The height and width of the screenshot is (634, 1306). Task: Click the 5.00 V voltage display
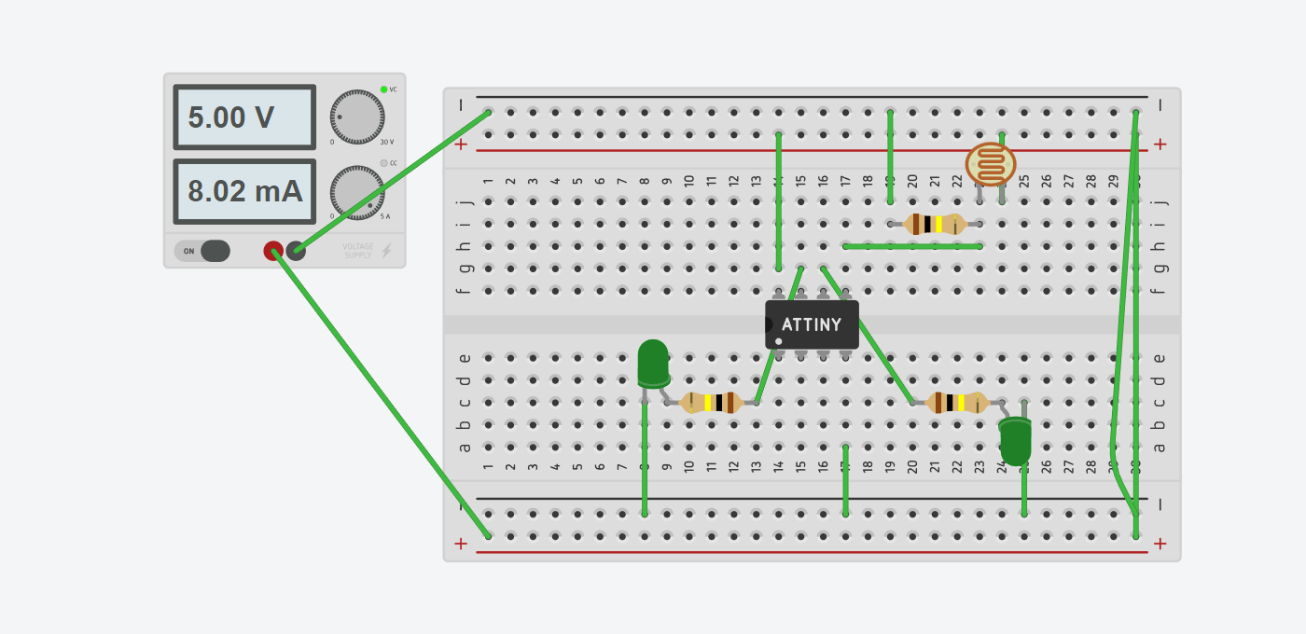point(244,117)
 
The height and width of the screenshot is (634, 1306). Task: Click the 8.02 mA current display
point(244,191)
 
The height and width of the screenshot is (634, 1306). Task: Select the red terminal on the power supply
point(272,250)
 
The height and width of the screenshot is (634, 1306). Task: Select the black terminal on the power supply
point(296,250)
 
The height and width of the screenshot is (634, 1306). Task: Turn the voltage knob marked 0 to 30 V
point(356,117)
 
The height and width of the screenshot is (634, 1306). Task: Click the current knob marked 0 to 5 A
point(356,193)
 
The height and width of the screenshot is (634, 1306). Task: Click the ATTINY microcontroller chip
point(812,324)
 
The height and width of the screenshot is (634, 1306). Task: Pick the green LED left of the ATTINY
point(653,363)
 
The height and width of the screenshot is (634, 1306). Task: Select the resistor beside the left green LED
point(711,403)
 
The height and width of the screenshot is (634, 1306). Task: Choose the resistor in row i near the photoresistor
point(935,224)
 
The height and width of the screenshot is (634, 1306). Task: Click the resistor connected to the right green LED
point(956,403)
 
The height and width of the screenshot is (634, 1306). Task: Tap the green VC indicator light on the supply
point(383,90)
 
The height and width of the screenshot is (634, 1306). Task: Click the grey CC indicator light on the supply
point(383,163)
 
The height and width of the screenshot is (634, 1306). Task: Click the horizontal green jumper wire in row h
point(912,246)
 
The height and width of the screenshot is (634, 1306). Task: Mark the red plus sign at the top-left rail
point(461,145)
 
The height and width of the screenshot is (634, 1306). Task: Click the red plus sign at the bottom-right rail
point(1160,544)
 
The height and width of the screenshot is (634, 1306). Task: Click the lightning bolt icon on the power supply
point(386,251)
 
